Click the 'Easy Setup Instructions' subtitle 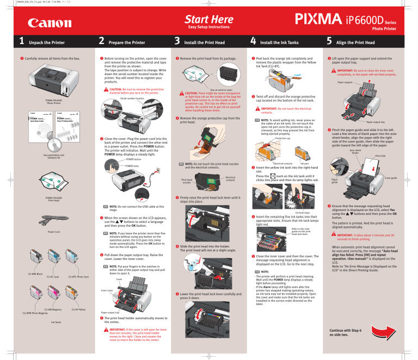(x=208, y=27)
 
